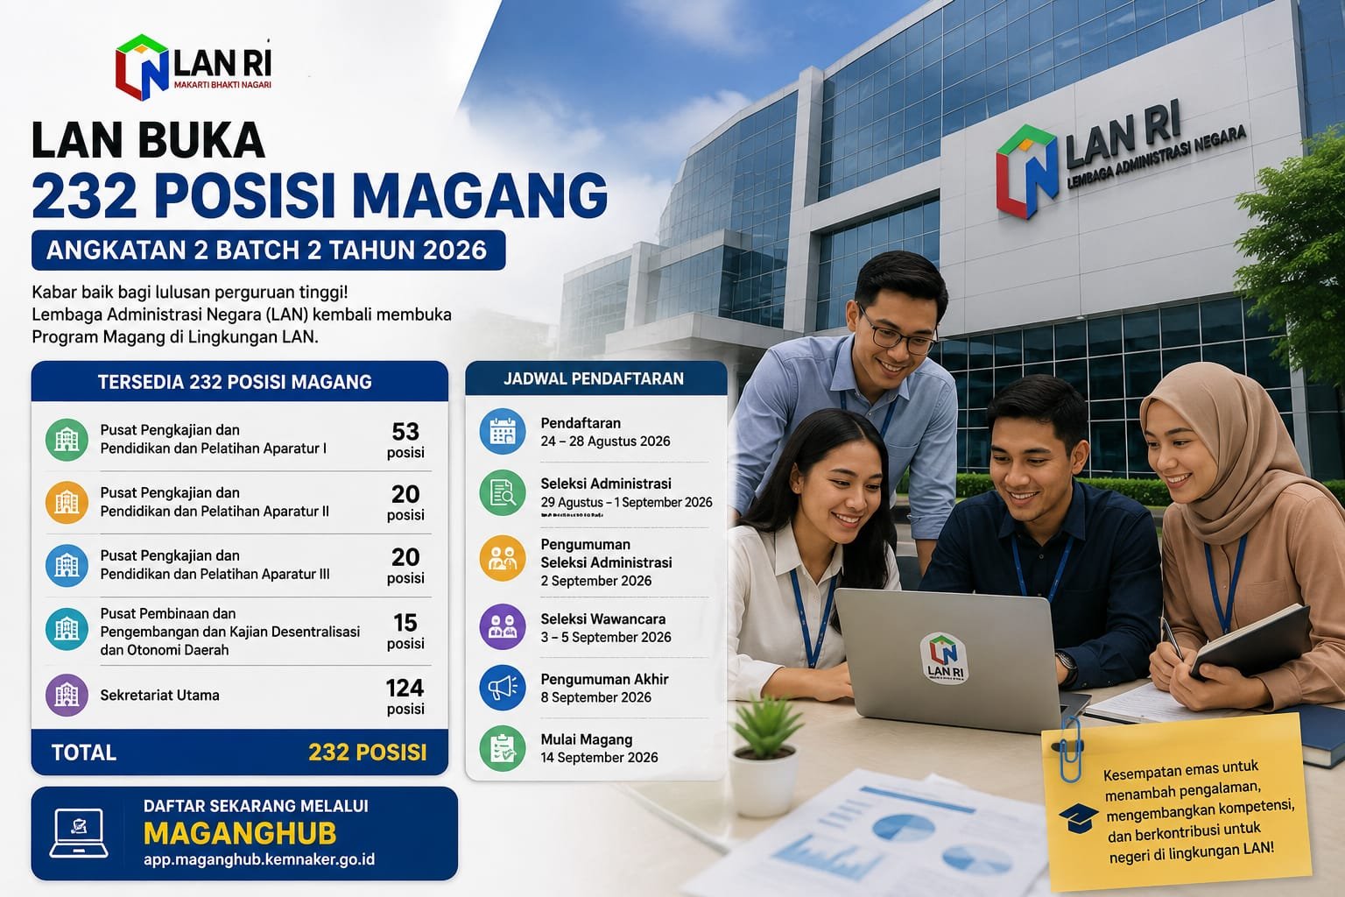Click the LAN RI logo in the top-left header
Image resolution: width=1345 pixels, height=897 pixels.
coord(194,67)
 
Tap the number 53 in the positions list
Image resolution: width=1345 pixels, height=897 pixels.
coord(405,431)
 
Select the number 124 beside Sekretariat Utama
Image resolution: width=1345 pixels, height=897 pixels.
coord(405,688)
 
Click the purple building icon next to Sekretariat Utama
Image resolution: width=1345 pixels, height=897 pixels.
coord(67,696)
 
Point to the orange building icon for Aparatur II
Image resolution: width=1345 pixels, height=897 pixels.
coord(67,502)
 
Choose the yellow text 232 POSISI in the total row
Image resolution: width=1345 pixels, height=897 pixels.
coord(368,752)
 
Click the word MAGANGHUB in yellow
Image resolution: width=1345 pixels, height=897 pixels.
coord(240,833)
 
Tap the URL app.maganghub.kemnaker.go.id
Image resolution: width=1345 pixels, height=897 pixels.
coord(259,859)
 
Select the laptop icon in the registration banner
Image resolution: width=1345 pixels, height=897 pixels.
coord(79,833)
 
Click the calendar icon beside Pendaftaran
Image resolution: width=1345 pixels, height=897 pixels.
coord(503,431)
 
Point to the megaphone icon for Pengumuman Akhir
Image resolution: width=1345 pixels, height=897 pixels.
coord(503,688)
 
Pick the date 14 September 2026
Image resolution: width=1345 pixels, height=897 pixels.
coord(599,758)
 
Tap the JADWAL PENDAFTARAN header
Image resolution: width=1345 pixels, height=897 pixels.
coord(593,379)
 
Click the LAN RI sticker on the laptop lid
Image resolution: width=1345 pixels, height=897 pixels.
coord(944,659)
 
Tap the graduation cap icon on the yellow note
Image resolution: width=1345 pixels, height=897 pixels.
coord(1079,818)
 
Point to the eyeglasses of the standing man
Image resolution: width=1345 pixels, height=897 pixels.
coord(898,333)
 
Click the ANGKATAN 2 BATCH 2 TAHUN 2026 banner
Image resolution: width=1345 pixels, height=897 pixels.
coord(269,250)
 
